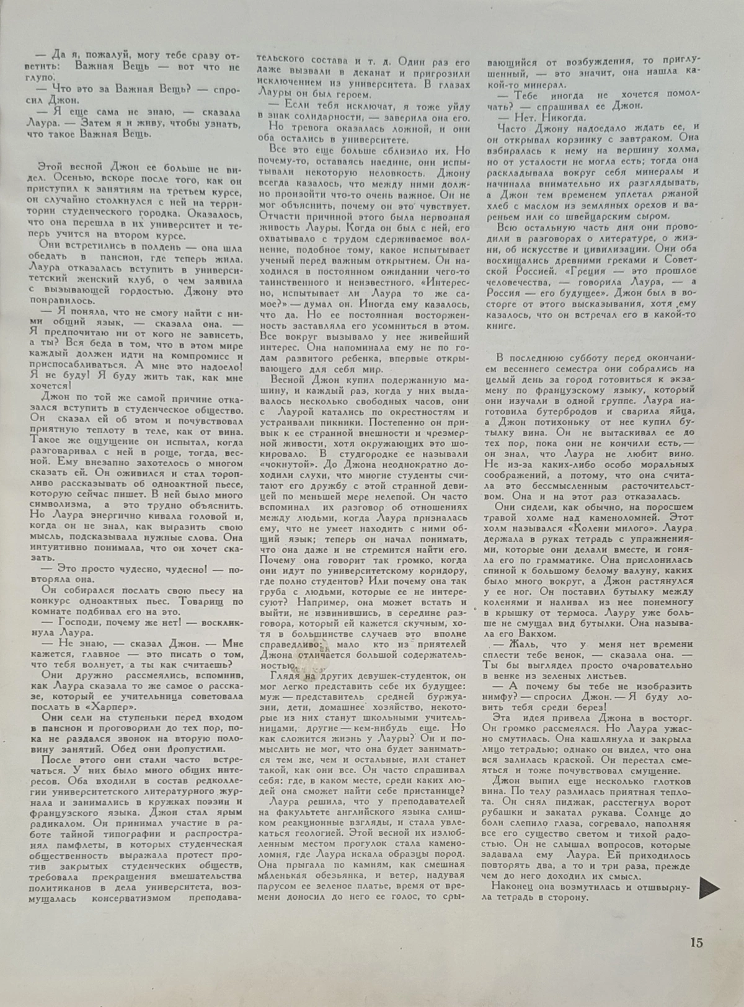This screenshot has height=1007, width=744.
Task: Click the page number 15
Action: pyautogui.click(x=696, y=943)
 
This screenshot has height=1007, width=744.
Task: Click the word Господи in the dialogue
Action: pyautogui.click(x=80, y=622)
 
